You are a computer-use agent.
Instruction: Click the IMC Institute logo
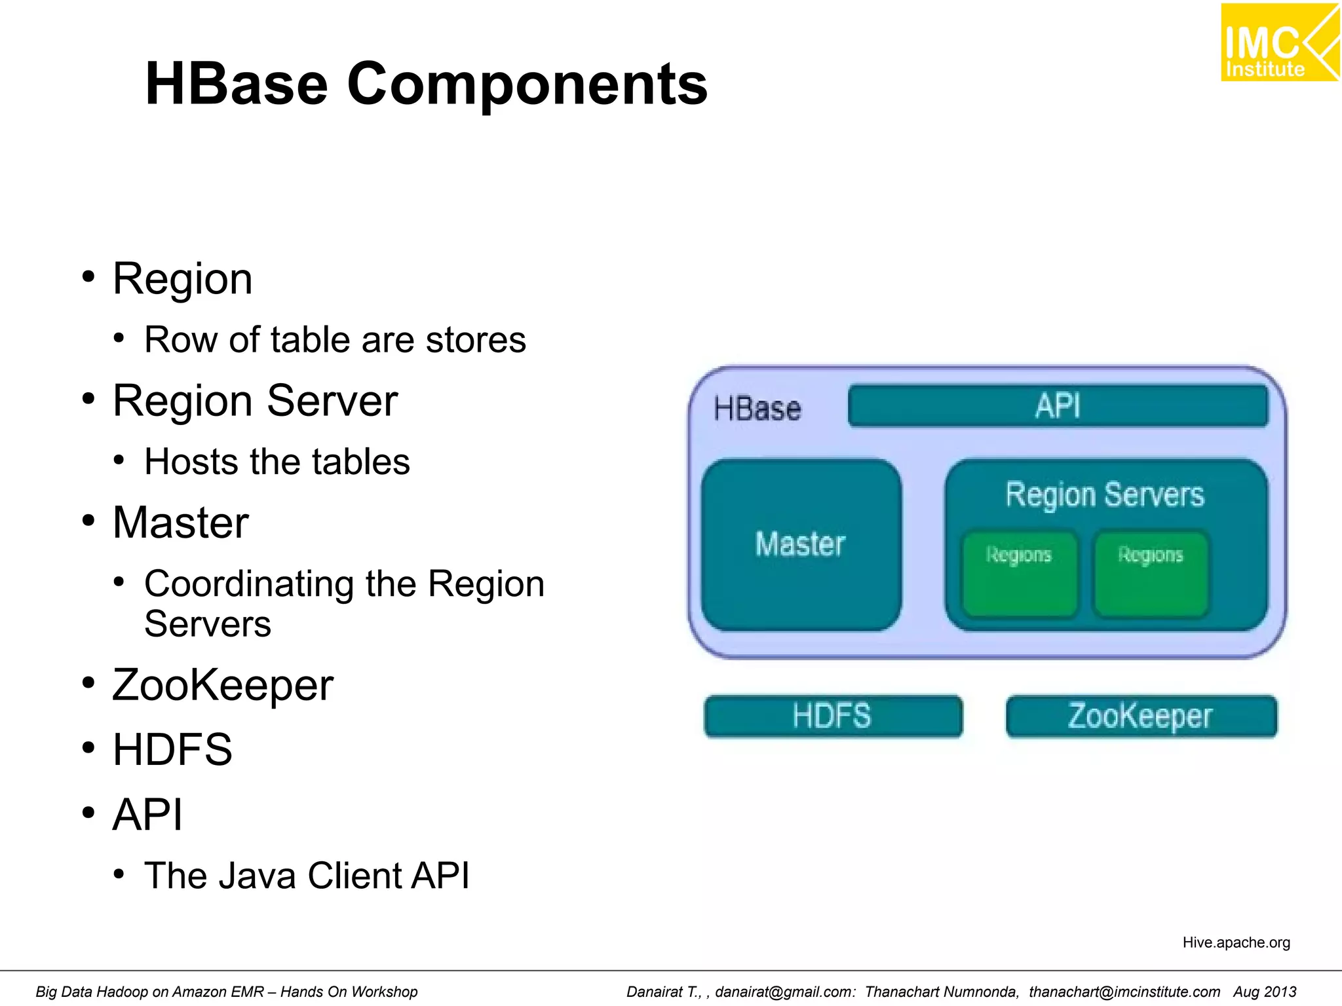[1278, 43]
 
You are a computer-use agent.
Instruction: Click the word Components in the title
[527, 84]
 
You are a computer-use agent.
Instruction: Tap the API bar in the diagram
[1058, 406]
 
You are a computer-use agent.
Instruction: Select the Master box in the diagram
[801, 545]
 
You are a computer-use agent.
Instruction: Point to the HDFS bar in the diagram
[833, 716]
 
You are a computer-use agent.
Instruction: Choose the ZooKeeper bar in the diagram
[1141, 716]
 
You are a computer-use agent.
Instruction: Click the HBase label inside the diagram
[757, 409]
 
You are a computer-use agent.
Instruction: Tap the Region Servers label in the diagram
[1105, 494]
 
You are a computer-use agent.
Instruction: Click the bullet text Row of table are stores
[335, 340]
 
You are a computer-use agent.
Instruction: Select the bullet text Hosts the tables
[277, 462]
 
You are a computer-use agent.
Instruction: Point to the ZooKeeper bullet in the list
[223, 685]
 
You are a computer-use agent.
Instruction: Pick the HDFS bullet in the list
[172, 749]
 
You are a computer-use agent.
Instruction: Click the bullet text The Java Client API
[307, 876]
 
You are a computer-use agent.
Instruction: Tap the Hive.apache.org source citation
[1236, 942]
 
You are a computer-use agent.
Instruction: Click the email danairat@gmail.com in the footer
[784, 992]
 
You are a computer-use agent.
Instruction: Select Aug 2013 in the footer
[1264, 992]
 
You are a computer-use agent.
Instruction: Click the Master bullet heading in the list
[180, 523]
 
